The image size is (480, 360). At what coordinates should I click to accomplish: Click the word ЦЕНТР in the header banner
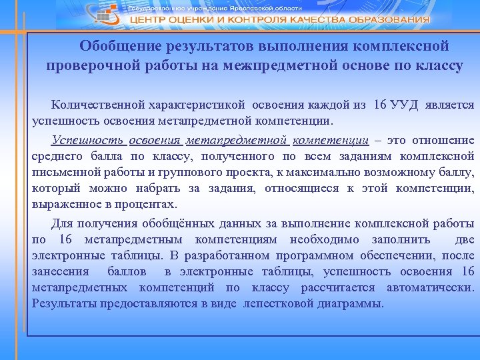pos(148,20)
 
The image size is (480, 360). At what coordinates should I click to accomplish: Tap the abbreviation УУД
pos(406,105)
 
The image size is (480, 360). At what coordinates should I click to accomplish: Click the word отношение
pos(447,140)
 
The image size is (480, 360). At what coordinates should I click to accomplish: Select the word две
pos(464,239)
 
